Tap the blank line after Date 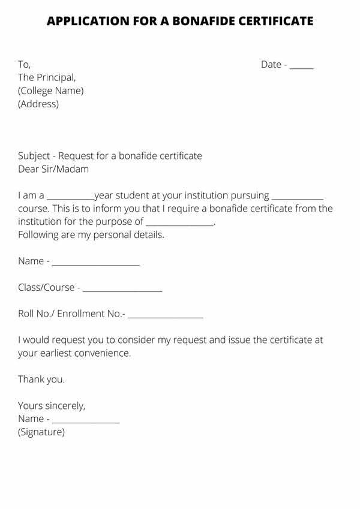click(302, 65)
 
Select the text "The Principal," click(47, 77)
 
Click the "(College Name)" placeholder click(51, 91)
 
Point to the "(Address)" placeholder click(38, 104)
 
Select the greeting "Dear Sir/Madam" click(53, 169)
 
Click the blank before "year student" click(70, 197)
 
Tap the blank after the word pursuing click(298, 197)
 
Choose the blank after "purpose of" click(180, 223)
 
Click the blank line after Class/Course click(122, 289)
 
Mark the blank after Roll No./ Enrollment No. click(166, 315)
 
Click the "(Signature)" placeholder click(41, 432)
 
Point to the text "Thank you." click(41, 380)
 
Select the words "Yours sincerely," click(52, 406)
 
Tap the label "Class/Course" click(46, 288)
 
